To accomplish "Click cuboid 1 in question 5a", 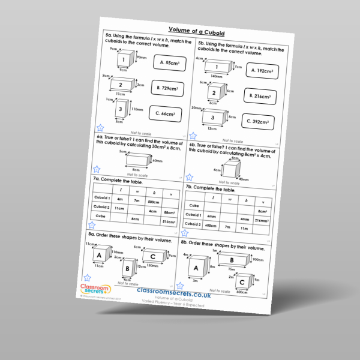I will click(124, 61).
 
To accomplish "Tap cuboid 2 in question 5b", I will click(212, 93).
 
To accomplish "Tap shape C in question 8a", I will click(154, 256).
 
